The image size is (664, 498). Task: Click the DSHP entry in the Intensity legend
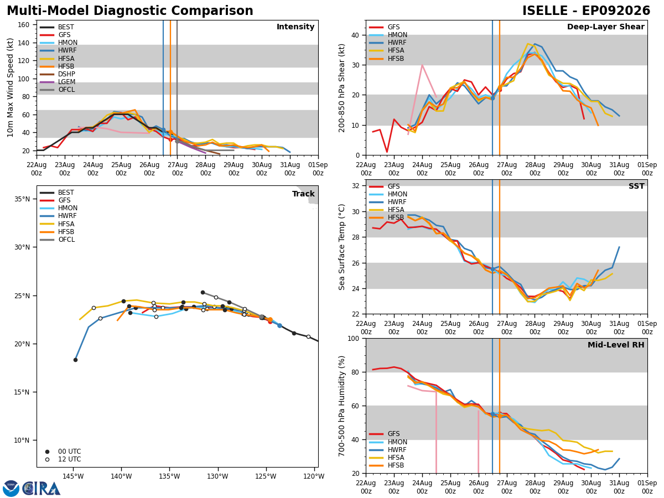pyautogui.click(x=58, y=74)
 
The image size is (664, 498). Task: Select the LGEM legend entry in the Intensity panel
pyautogui.click(x=58, y=82)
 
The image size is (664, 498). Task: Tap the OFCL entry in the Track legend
pyautogui.click(x=57, y=240)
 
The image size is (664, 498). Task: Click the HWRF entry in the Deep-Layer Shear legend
pyautogui.click(x=388, y=43)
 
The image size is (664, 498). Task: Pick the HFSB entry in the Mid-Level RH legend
pyautogui.click(x=387, y=465)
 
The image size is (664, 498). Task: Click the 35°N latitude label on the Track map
pyautogui.click(x=22, y=199)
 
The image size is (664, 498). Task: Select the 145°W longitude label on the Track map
pyautogui.click(x=73, y=476)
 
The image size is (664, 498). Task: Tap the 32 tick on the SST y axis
pyautogui.click(x=355, y=186)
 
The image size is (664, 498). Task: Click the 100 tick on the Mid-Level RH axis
pyautogui.click(x=354, y=339)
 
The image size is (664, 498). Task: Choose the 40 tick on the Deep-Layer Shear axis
pyautogui.click(x=355, y=35)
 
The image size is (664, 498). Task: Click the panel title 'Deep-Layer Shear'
pyautogui.click(x=605, y=27)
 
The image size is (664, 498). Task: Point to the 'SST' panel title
pyautogui.click(x=636, y=186)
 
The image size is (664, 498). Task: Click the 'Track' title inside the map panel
pyautogui.click(x=303, y=194)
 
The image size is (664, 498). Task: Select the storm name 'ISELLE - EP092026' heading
pyautogui.click(x=586, y=11)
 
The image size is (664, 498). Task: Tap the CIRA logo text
pyautogui.click(x=41, y=489)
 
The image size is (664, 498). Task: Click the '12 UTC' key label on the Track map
pyautogui.click(x=70, y=459)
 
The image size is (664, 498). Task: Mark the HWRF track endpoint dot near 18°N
pyautogui.click(x=76, y=360)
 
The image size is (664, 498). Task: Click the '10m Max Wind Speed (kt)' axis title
pyautogui.click(x=10, y=87)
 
